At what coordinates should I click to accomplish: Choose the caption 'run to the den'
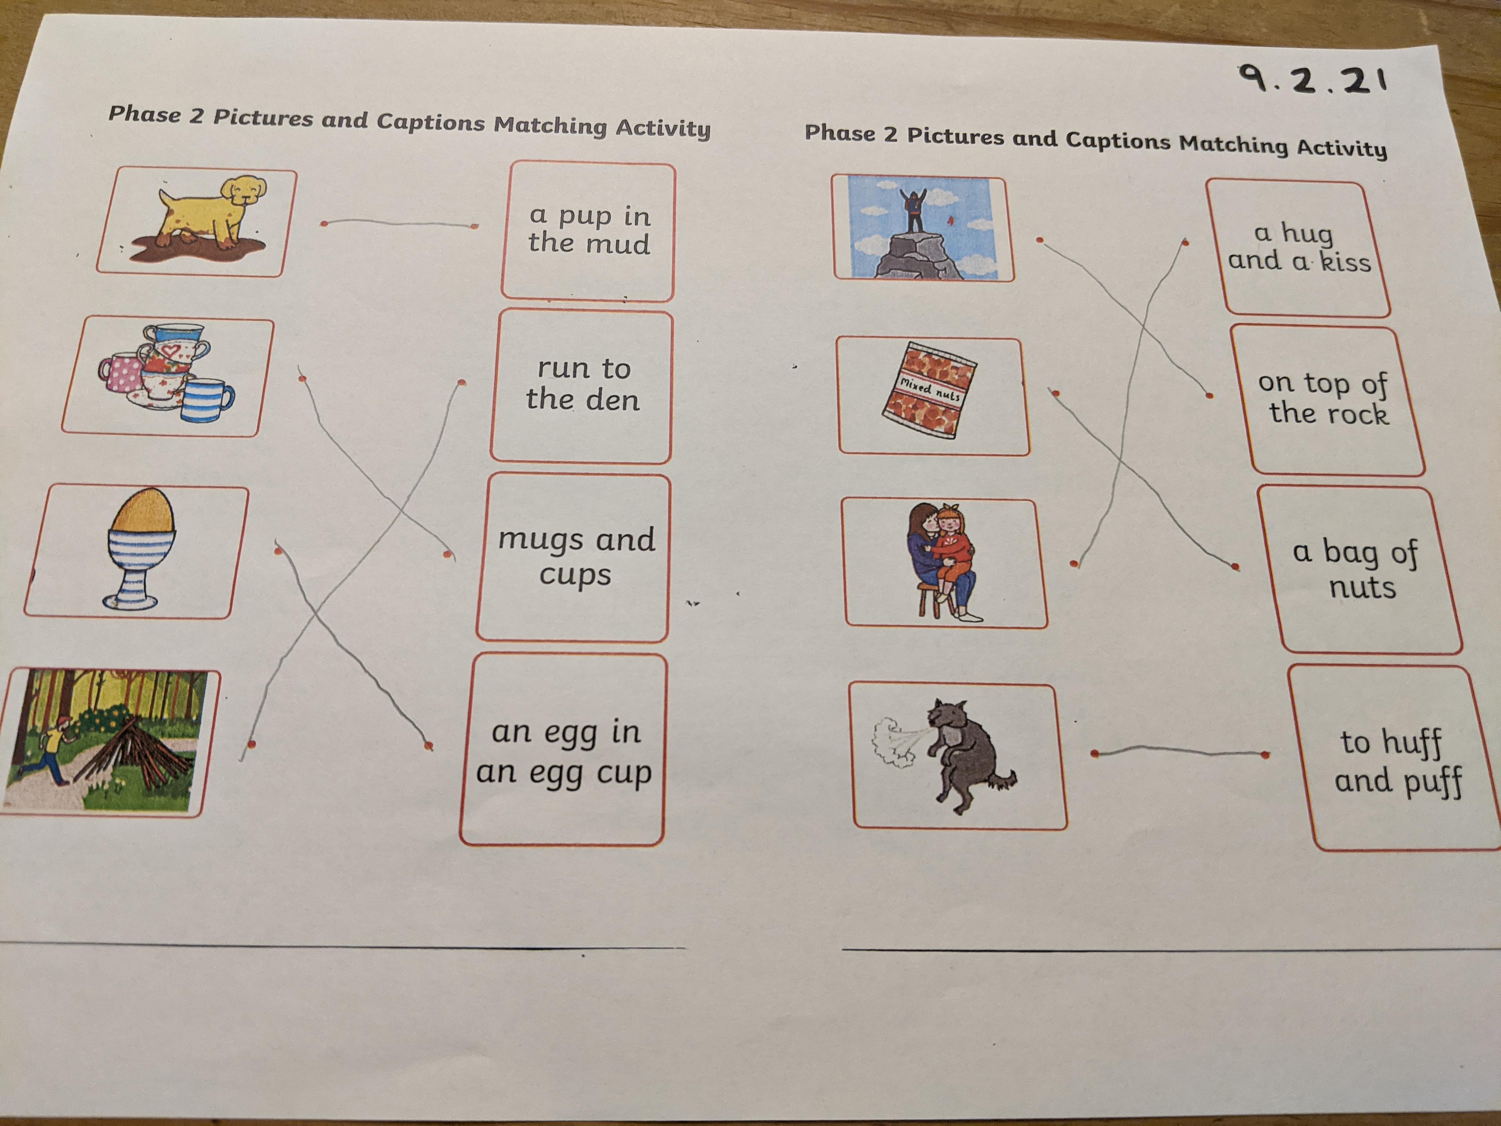(582, 384)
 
